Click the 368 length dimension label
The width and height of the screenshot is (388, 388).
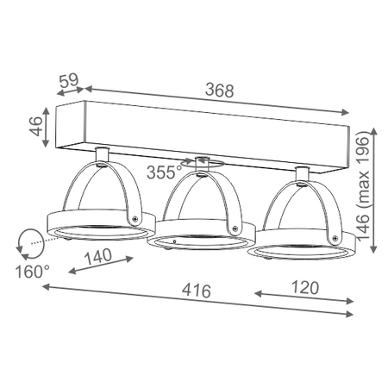220,91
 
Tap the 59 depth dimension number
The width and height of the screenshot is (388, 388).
69,80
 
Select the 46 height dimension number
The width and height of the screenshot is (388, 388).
35,127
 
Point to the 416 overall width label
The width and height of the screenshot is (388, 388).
197,291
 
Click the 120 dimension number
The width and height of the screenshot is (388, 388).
305,288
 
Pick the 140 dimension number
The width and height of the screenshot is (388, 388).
98,256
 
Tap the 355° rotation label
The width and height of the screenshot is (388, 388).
165,172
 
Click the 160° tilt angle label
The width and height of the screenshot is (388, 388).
33,272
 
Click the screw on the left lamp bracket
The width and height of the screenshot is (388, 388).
135,219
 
